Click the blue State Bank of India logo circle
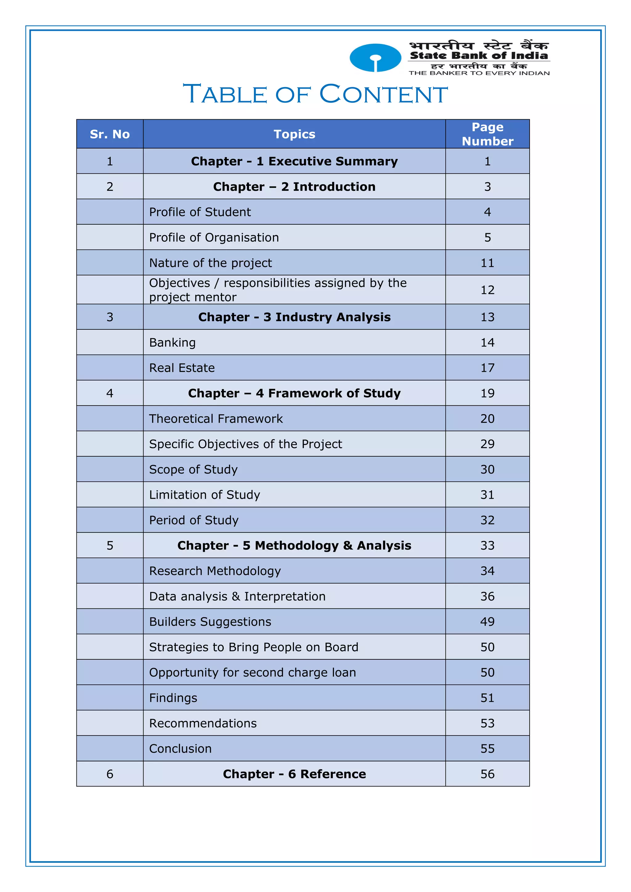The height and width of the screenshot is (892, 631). point(375,58)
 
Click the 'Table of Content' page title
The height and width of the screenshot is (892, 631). point(315,94)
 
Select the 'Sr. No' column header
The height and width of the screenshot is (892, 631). point(110,134)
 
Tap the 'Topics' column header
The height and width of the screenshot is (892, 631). point(294,134)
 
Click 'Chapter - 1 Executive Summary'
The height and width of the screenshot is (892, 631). point(294,161)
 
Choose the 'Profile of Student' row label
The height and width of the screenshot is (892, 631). point(200,212)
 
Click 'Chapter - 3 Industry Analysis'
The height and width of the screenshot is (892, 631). point(294,317)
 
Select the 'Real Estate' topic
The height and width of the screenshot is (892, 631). point(182,368)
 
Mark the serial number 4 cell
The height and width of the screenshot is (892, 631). point(110,393)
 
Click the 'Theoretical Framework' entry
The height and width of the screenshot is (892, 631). point(216,419)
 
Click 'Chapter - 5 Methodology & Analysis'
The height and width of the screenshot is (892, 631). point(294,545)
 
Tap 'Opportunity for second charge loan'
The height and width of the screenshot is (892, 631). point(253,673)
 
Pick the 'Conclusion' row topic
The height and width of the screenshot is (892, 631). point(180,749)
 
